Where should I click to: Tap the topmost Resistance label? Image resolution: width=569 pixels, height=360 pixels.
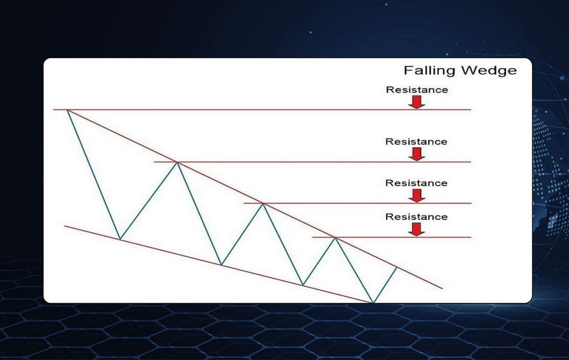click(x=417, y=89)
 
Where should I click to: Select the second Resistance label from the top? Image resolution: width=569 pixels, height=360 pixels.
click(x=416, y=142)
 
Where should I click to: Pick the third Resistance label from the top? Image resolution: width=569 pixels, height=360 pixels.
click(x=416, y=183)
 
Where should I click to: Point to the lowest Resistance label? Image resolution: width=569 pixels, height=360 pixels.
click(x=416, y=217)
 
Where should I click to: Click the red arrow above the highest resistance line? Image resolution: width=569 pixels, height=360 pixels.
click(x=417, y=102)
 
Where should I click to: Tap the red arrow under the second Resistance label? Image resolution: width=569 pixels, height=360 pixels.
click(x=417, y=154)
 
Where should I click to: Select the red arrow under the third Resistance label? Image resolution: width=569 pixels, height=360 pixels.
click(x=417, y=195)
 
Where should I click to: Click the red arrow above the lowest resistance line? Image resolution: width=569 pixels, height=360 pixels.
click(x=417, y=229)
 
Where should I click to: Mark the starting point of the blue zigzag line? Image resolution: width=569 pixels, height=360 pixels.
click(x=67, y=110)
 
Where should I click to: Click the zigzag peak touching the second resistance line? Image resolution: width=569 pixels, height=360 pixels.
click(x=177, y=162)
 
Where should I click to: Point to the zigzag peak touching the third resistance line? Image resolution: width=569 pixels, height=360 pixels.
click(x=263, y=204)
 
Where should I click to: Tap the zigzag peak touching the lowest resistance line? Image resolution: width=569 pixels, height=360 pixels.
click(x=335, y=238)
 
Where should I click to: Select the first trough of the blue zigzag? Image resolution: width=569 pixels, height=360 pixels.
click(x=120, y=239)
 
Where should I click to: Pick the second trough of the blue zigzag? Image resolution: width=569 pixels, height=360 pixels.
click(x=221, y=264)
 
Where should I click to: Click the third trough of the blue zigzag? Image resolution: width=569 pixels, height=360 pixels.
click(x=303, y=285)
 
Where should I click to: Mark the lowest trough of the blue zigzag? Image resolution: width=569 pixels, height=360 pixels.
click(x=373, y=302)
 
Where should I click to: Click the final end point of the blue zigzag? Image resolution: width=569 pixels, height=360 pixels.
click(x=397, y=267)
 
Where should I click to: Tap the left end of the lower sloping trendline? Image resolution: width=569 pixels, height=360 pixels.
click(x=64, y=226)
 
